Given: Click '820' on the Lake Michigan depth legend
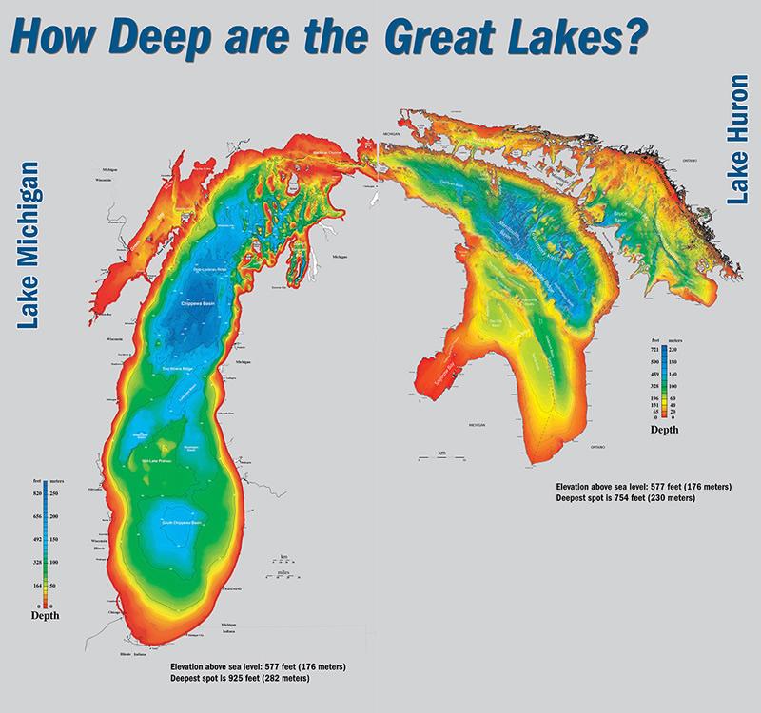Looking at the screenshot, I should (38, 495).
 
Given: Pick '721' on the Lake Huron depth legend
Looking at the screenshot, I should (654, 351).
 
